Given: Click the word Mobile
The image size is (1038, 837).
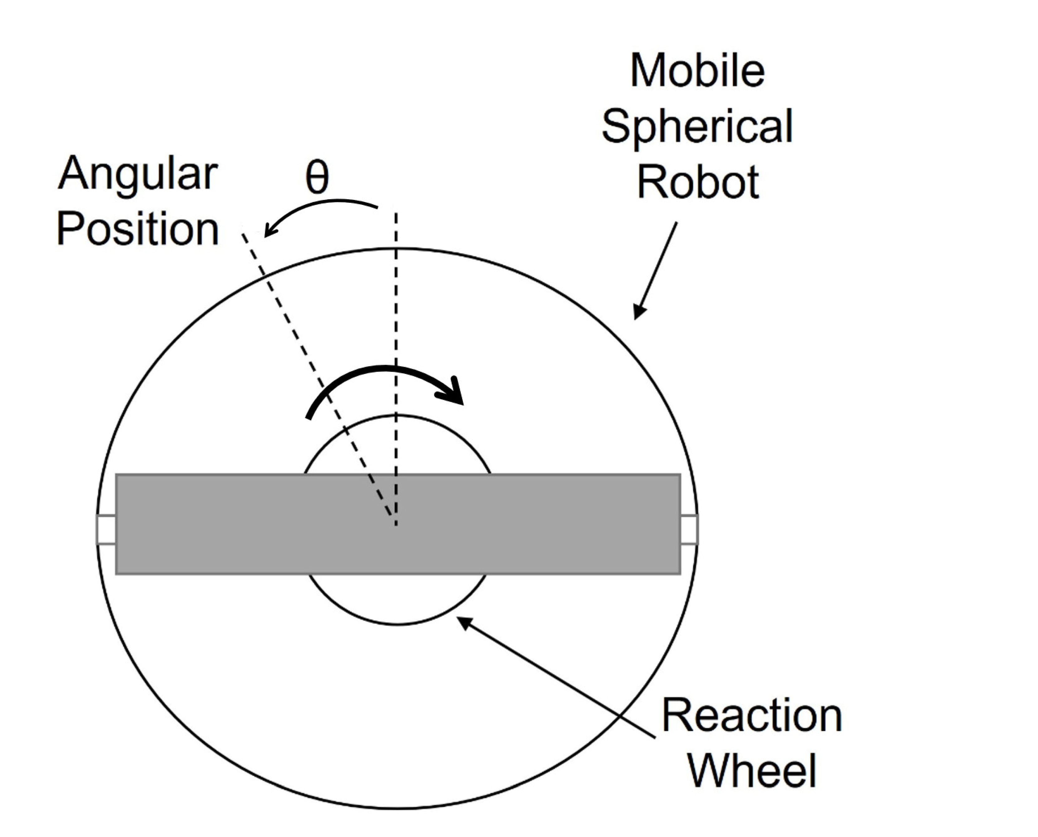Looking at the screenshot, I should (x=697, y=71).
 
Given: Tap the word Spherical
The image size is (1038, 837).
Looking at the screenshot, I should (x=697, y=126).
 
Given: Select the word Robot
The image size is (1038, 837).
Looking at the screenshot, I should (x=698, y=182).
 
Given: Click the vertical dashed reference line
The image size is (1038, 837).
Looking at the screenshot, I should (x=396, y=313).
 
